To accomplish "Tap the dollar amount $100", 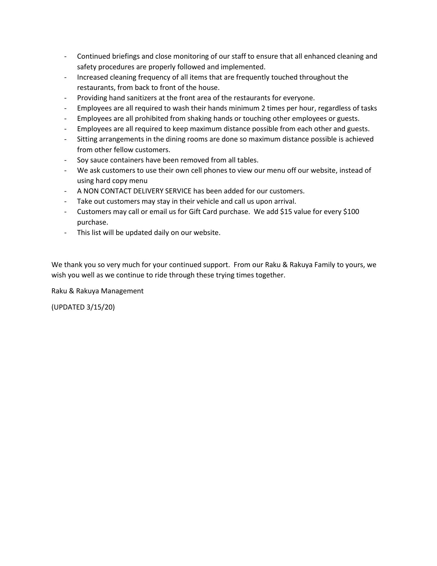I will [x=351, y=212].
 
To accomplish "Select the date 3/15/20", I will [x=100, y=307].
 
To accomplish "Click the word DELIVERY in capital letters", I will [x=149, y=191].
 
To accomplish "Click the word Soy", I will [x=82, y=160].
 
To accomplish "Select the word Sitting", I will [x=87, y=139].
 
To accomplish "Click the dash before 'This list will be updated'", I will [x=65, y=233].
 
